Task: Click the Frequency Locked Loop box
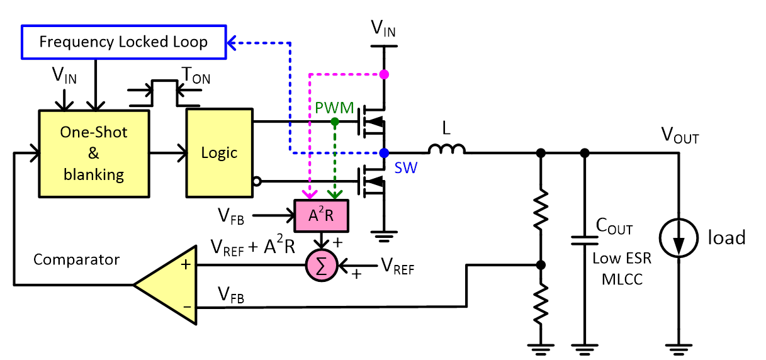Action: pyautogui.click(x=123, y=42)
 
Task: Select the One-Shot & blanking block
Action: pyautogui.click(x=94, y=153)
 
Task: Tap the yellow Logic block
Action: pyautogui.click(x=219, y=153)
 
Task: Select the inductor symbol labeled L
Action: pyautogui.click(x=447, y=150)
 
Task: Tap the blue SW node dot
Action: pyautogui.click(x=385, y=152)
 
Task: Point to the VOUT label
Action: pyautogui.click(x=680, y=134)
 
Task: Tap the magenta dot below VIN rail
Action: pyautogui.click(x=385, y=74)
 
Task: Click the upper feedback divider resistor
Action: pyautogui.click(x=540, y=211)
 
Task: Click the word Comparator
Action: pyautogui.click(x=76, y=259)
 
